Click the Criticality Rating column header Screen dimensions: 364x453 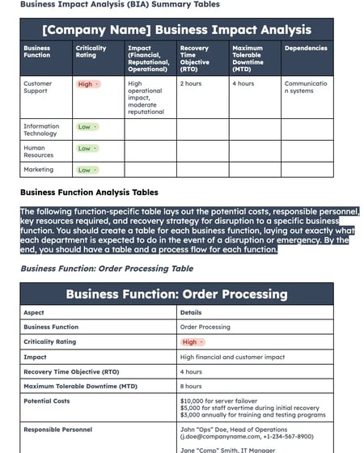pos(91,52)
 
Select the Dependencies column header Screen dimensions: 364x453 pos(306,48)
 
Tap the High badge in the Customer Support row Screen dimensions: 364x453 pos(87,84)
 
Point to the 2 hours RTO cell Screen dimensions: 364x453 pos(191,83)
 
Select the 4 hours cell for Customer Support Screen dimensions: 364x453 pos(243,83)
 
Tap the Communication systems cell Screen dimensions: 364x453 pos(306,87)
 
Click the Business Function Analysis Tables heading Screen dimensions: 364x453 pos(89,193)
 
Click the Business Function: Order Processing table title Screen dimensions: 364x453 pos(176,294)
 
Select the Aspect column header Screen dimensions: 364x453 pos(34,312)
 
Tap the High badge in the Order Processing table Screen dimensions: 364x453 pos(193,342)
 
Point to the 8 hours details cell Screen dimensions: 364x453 pos(191,386)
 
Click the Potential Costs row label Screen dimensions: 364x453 pos(47,400)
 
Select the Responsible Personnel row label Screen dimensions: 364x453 pos(57,430)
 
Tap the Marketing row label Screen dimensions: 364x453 pos(38,170)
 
